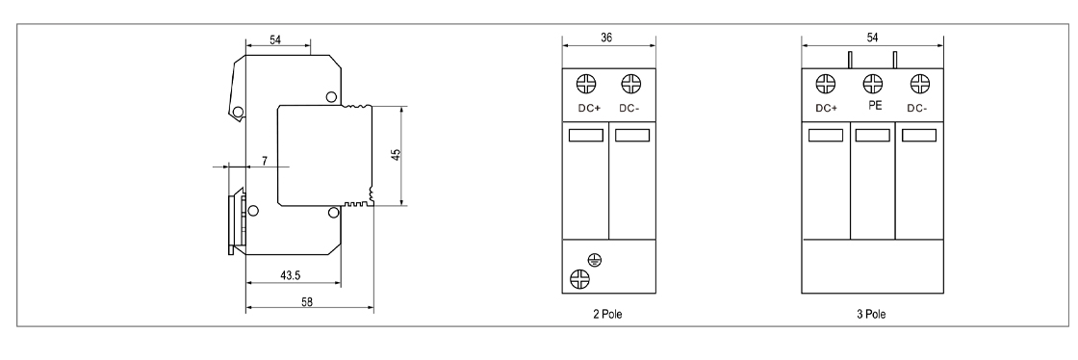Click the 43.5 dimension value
[290, 275]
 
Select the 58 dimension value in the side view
[307, 301]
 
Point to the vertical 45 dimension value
[396, 155]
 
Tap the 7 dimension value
[265, 161]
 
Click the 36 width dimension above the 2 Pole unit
[606, 38]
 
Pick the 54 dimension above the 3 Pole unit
[872, 38]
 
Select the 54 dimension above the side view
[275, 39]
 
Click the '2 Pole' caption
[607, 315]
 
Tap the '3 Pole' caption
[871, 315]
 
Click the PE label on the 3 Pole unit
[875, 106]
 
